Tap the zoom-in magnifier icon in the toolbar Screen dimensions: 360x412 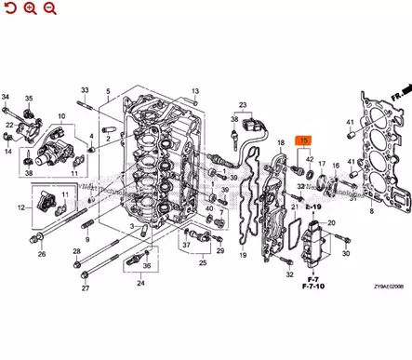point(30,8)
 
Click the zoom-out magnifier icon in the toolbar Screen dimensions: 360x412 point(49,8)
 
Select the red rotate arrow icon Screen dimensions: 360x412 point(9,8)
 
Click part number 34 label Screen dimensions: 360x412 point(6,98)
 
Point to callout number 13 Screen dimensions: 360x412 point(196,91)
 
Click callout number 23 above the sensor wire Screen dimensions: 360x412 point(245,104)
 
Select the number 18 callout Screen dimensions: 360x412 point(280,142)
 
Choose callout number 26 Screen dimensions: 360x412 point(41,254)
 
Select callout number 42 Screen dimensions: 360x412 point(309,159)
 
